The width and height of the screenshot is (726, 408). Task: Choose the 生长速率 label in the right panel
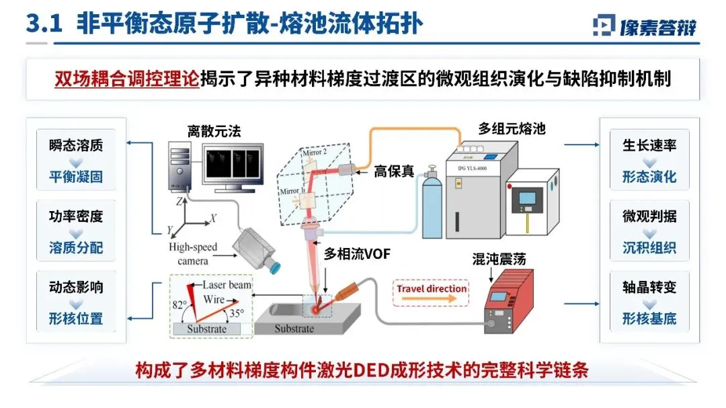pyautogui.click(x=649, y=145)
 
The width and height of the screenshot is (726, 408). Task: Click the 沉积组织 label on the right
pyautogui.click(x=649, y=248)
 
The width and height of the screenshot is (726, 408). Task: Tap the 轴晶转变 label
pyautogui.click(x=649, y=287)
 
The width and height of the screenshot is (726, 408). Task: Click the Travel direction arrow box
pyautogui.click(x=431, y=290)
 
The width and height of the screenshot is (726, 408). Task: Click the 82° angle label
pyautogui.click(x=179, y=303)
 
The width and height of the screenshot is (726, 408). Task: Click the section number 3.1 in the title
pyautogui.click(x=44, y=24)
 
